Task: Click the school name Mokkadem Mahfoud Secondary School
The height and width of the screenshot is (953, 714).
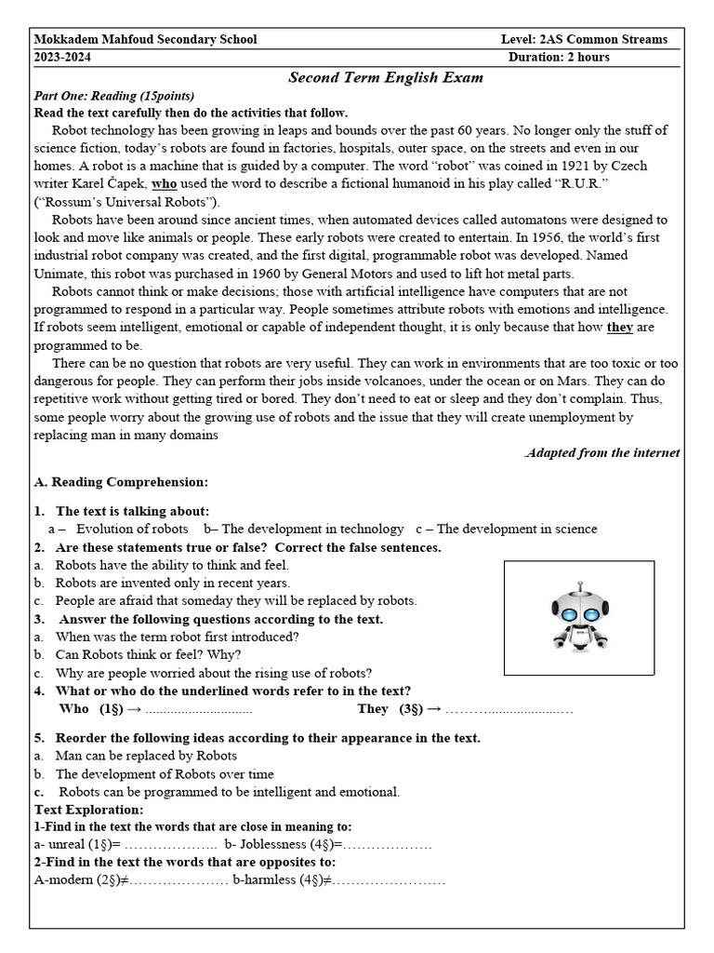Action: pyautogui.click(x=145, y=39)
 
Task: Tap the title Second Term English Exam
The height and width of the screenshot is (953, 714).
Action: pyautogui.click(x=386, y=77)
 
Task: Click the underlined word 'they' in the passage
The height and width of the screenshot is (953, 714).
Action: pyautogui.click(x=619, y=327)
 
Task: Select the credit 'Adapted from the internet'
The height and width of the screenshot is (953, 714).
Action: pyautogui.click(x=602, y=452)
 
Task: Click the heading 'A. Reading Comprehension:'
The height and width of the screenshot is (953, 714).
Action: pyautogui.click(x=121, y=482)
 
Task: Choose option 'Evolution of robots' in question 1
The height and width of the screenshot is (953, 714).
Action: pyautogui.click(x=132, y=529)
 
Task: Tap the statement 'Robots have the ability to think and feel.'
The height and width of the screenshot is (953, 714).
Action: pyautogui.click(x=172, y=565)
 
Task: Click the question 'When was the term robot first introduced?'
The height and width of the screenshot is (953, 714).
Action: pyautogui.click(x=177, y=637)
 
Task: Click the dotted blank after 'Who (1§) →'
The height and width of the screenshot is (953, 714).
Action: pyautogui.click(x=199, y=709)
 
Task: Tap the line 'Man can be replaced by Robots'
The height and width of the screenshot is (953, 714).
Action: pyautogui.click(x=146, y=756)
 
